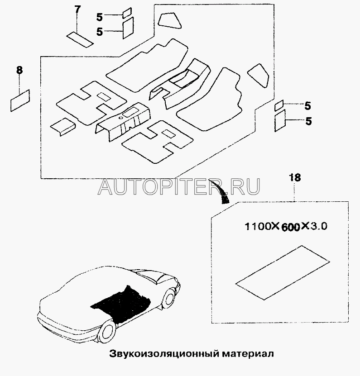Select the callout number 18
(294, 177)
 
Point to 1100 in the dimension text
(257, 226)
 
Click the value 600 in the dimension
(287, 227)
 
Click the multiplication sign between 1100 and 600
(274, 226)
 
